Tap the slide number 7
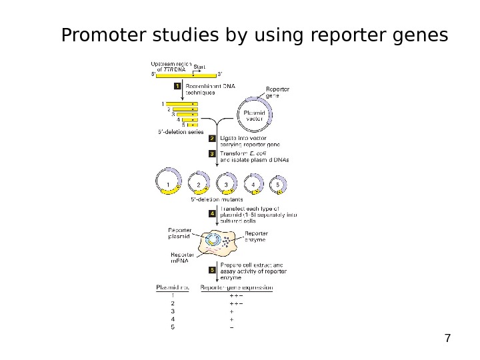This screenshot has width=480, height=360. pyautogui.click(x=447, y=338)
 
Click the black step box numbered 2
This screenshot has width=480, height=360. pyautogui.click(x=212, y=138)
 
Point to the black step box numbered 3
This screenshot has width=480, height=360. pyautogui.click(x=212, y=153)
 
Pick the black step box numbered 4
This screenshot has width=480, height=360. pyautogui.click(x=212, y=214)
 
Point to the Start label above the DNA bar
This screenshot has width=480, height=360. pyautogui.click(x=199, y=66)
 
